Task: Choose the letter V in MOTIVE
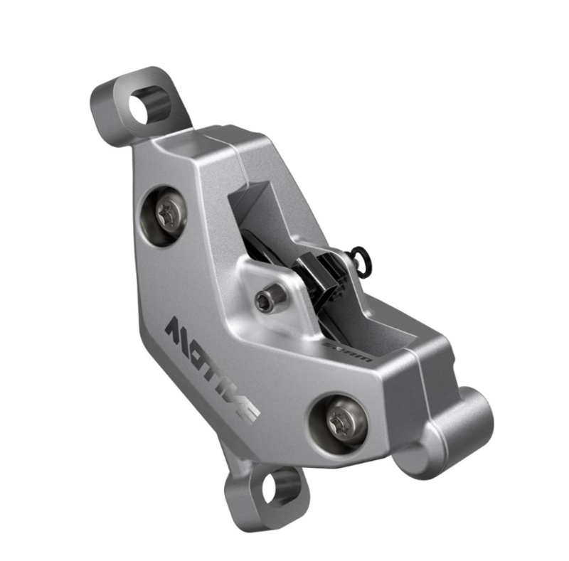tap(233, 397)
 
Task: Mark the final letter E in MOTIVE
tap(248, 411)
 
